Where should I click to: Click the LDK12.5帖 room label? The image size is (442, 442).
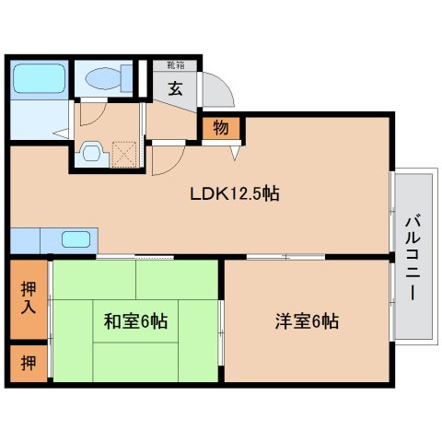click(x=235, y=194)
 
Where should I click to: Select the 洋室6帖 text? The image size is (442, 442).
click(x=307, y=322)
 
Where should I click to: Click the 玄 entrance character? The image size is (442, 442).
click(x=175, y=89)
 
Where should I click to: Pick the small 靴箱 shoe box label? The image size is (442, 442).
click(x=175, y=65)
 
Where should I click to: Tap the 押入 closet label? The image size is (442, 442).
click(x=29, y=299)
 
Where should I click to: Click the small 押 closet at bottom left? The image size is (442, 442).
click(x=29, y=364)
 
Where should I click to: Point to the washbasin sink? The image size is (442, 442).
click(x=90, y=154)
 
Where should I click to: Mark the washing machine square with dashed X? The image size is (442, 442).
click(x=124, y=153)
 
